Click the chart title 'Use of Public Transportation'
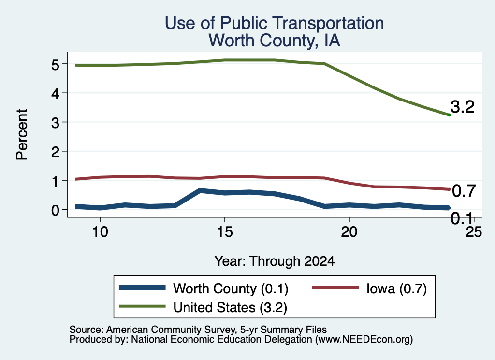(275, 23)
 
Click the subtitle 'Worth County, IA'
(275, 41)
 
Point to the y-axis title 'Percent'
(22, 134)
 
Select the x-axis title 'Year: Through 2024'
(275, 261)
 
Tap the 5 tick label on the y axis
(55, 65)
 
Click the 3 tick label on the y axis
(55, 123)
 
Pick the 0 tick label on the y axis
(55, 210)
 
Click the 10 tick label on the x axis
(100, 232)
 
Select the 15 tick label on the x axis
(225, 232)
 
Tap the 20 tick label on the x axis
(349, 232)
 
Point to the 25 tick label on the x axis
(474, 232)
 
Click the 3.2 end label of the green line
(463, 107)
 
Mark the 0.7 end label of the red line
(464, 191)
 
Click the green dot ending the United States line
(449, 115)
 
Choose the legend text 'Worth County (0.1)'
(231, 288)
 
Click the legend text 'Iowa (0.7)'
(396, 288)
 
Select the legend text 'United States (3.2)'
(230, 308)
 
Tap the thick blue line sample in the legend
(143, 288)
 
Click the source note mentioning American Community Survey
(198, 330)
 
